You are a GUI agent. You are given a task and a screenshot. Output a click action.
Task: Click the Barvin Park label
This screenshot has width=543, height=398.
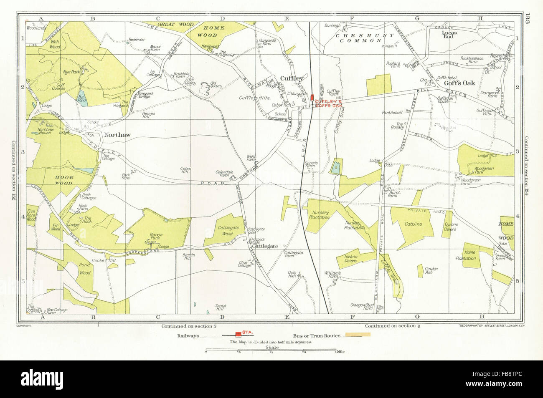click(151, 236)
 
